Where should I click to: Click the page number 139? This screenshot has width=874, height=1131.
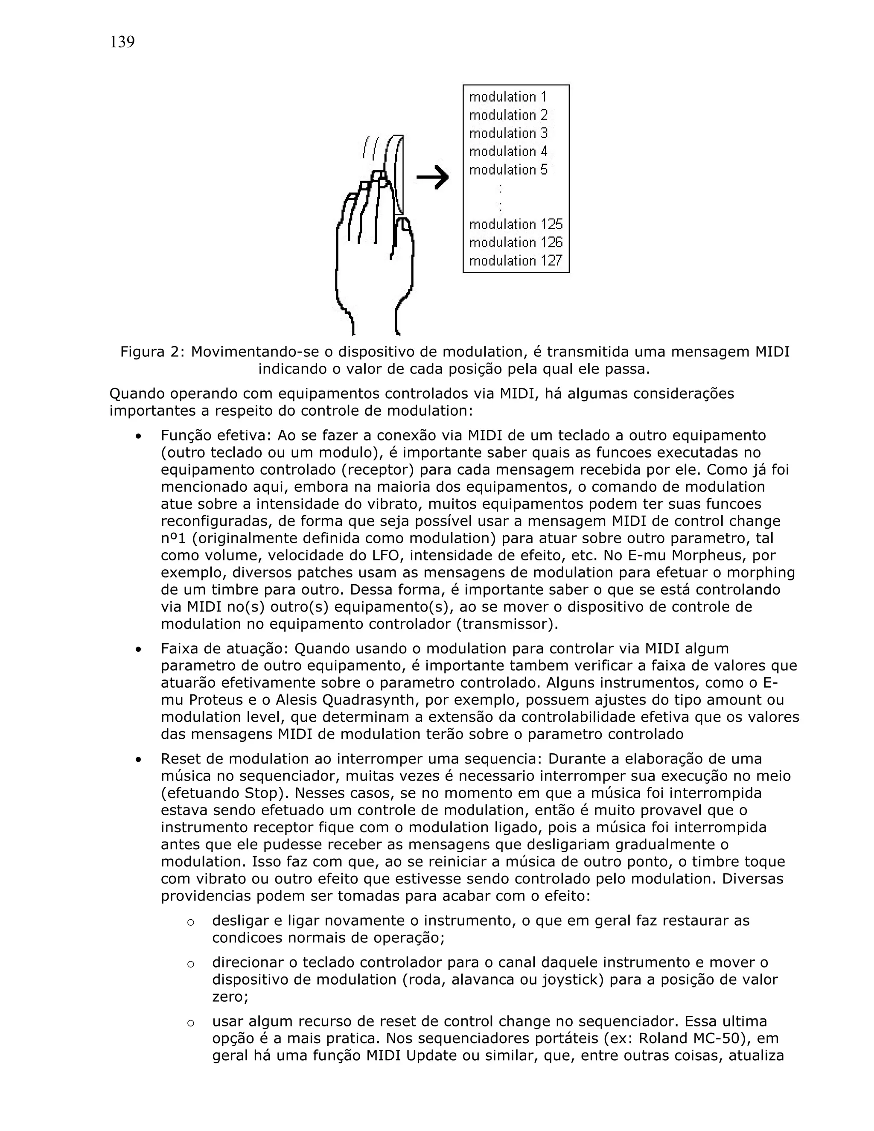pos(122,42)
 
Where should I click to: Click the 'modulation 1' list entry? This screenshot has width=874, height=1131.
pos(507,97)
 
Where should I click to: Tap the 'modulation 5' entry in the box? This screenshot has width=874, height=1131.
pos(507,170)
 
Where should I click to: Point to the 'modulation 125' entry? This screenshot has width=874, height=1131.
pos(515,224)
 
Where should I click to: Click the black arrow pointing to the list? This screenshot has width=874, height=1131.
pos(432,178)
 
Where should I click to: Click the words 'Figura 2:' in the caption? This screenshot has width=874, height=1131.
pos(152,352)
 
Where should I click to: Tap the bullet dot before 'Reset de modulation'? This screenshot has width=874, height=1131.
pos(138,760)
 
